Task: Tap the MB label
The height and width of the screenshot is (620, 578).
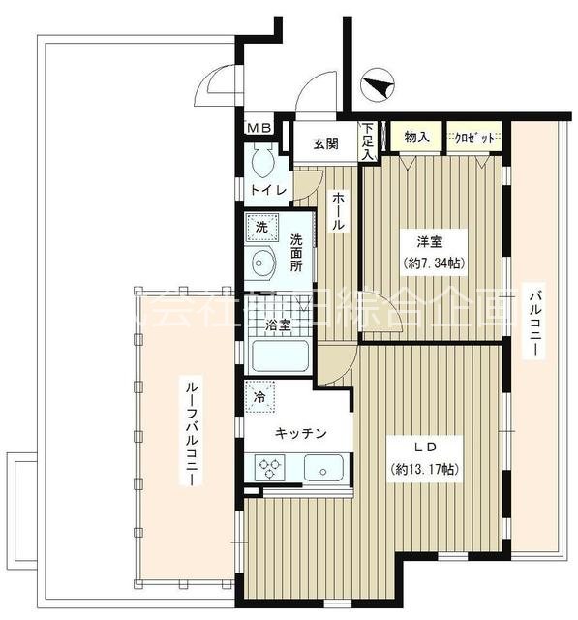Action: click(257, 127)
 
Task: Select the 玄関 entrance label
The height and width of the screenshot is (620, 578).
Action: click(325, 144)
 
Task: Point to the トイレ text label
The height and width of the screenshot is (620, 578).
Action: click(268, 190)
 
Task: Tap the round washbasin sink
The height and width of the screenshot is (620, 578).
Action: click(261, 262)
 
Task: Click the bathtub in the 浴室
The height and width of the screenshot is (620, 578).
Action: click(280, 357)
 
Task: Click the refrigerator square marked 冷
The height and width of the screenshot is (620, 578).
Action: click(260, 397)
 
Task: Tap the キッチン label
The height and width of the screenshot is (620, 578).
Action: click(299, 434)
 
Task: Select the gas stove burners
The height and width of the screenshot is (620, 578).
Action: click(268, 469)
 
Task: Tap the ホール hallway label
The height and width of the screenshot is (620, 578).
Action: click(337, 209)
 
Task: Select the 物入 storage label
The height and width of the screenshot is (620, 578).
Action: click(416, 138)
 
